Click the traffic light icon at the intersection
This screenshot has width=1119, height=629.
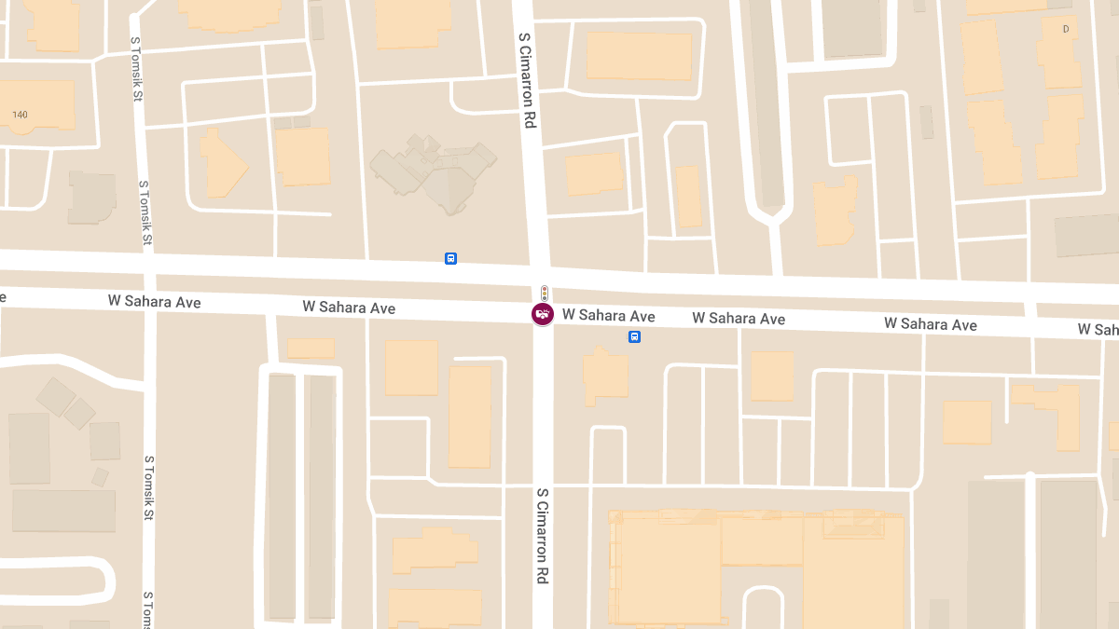click(x=545, y=293)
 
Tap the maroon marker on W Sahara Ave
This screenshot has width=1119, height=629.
click(x=543, y=314)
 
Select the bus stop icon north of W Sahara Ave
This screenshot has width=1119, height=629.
click(x=451, y=258)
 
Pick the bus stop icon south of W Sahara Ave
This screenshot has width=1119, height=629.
click(x=634, y=336)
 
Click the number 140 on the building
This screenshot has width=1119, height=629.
click(x=21, y=115)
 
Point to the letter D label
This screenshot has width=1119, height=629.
click(x=1065, y=29)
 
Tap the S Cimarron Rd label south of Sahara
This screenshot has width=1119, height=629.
click(x=542, y=535)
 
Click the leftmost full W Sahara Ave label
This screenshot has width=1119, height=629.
click(x=154, y=301)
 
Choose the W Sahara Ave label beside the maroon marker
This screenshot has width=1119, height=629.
click(x=608, y=316)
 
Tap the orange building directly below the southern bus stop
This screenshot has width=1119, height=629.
click(x=604, y=376)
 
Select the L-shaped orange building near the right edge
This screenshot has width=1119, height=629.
click(x=1054, y=410)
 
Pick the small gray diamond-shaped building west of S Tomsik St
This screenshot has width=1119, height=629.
click(x=56, y=396)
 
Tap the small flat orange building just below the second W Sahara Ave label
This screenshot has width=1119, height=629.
click(x=311, y=349)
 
